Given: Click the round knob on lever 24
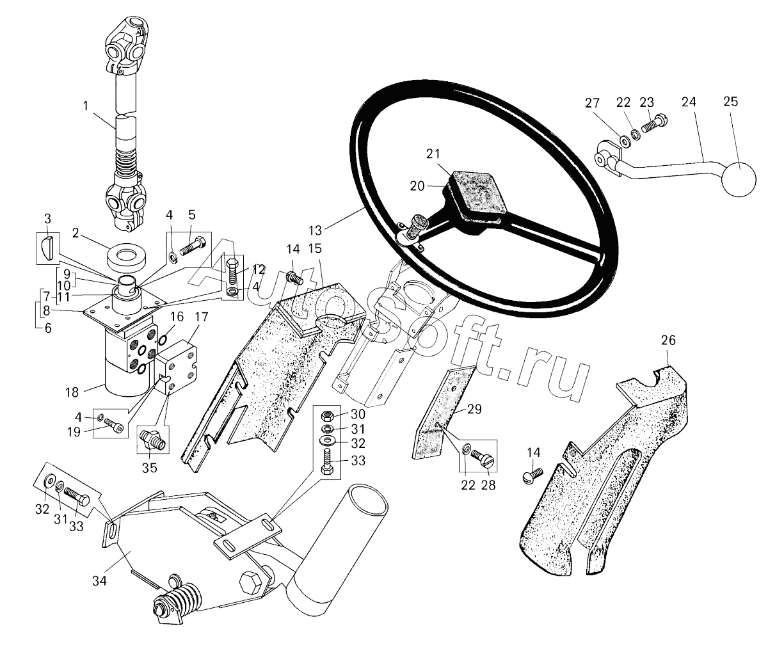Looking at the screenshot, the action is (x=739, y=180).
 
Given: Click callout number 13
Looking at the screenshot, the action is (x=316, y=230).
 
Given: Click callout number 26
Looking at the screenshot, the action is (x=668, y=340).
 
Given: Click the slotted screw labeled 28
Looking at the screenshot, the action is (x=482, y=458).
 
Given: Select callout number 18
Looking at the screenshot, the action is (x=72, y=392).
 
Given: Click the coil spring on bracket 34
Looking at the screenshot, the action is (x=182, y=601).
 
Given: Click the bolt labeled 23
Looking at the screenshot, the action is (x=654, y=125).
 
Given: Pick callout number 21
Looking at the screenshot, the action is (x=433, y=154).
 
